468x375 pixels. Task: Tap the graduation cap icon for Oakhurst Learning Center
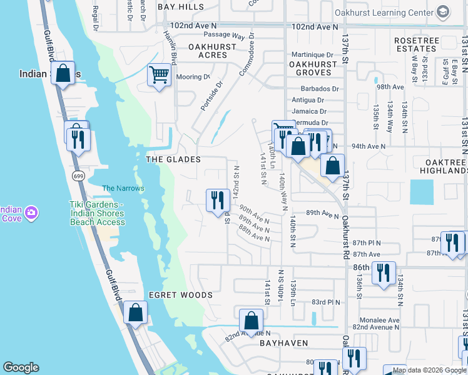443,12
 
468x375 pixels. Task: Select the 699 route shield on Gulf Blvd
78,176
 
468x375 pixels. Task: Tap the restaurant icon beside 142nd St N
216,200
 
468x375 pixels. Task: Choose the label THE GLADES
173,159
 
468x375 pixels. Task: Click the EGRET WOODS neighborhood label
180,295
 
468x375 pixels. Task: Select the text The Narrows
123,188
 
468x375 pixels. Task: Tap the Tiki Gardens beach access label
97,213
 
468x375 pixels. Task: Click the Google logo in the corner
21,367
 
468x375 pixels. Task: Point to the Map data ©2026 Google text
429,370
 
